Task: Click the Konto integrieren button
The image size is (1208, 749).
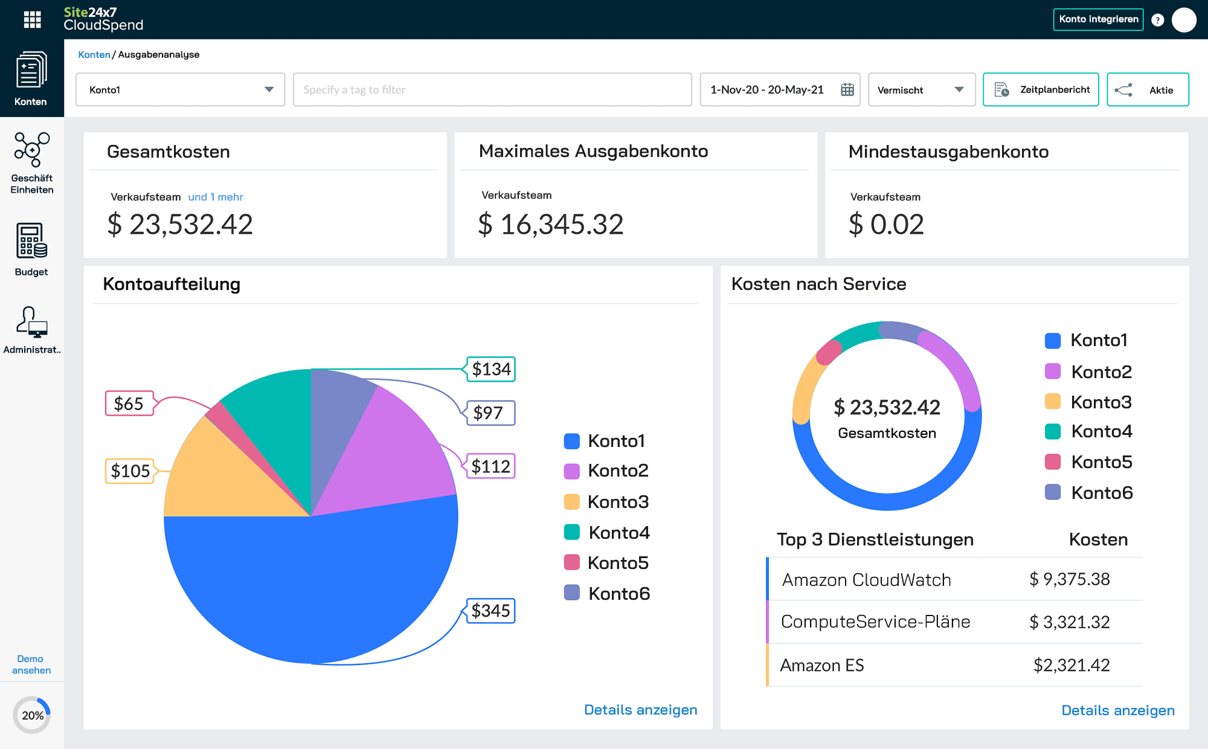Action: [1097, 19]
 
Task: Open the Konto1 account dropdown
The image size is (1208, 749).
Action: [180, 90]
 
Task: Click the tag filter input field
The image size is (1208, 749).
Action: [492, 90]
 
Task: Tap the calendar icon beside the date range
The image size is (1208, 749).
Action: [847, 90]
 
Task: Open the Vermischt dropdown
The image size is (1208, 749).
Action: [921, 90]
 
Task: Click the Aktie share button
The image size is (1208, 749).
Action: [1147, 90]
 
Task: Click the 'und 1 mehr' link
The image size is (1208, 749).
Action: [216, 197]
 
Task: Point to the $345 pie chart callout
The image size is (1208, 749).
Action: [490, 611]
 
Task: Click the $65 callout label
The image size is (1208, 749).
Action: [129, 403]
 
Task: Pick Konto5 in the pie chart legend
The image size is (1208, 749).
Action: [606, 563]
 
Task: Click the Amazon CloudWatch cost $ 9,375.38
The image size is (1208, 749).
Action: [1069, 579]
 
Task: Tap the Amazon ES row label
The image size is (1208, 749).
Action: [821, 665]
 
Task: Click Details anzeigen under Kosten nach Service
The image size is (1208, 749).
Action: [1117, 710]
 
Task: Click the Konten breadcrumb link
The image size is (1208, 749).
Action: [94, 54]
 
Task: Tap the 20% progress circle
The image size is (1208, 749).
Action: [32, 715]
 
